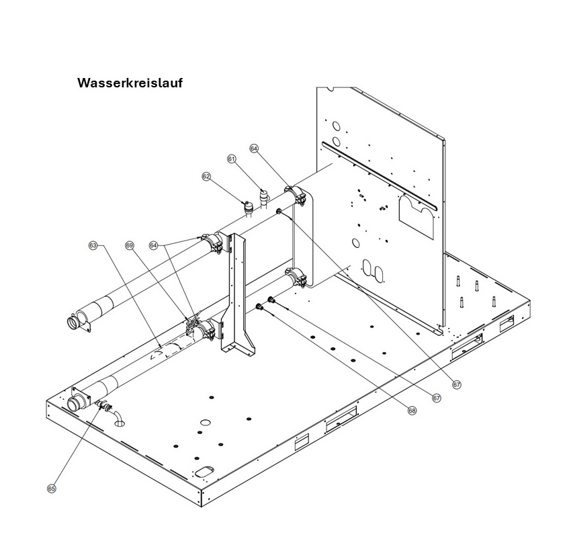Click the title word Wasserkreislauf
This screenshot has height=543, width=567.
(130, 83)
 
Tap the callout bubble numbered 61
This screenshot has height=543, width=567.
(231, 159)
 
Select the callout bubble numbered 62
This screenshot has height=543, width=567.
(206, 177)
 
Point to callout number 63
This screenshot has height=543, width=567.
(93, 246)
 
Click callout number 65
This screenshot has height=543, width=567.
(52, 489)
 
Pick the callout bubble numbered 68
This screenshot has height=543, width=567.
(412, 411)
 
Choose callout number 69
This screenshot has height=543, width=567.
(130, 246)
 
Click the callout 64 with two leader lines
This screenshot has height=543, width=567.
(154, 246)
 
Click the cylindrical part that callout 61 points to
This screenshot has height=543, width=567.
(265, 197)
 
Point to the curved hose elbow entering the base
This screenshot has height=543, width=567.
(118, 417)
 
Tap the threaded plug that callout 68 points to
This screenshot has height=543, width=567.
(259, 307)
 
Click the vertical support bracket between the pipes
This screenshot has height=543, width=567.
(238, 293)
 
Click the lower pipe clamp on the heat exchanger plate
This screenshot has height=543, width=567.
(296, 276)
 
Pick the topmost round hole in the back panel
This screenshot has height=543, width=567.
(337, 126)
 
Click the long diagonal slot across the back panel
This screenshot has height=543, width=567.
(380, 175)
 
